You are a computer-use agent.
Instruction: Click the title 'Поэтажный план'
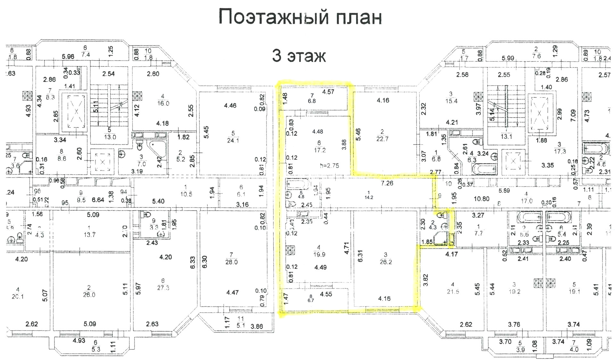click(300, 17)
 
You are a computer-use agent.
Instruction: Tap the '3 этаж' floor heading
click(299, 56)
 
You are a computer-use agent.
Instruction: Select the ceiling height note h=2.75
click(329, 166)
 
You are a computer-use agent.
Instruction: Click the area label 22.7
click(382, 139)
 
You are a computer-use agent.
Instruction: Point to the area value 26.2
click(386, 262)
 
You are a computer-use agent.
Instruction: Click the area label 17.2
click(320, 150)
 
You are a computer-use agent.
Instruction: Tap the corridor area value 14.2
click(369, 197)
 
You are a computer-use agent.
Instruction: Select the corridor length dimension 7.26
click(387, 183)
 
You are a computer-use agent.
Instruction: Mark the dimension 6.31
click(360, 256)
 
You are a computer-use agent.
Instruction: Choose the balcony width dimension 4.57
click(328, 92)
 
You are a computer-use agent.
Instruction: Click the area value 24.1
click(233, 140)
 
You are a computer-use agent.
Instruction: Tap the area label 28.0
click(232, 262)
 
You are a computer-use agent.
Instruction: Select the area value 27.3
click(163, 288)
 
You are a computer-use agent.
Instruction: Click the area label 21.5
click(453, 291)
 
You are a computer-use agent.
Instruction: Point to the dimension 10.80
click(481, 199)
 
